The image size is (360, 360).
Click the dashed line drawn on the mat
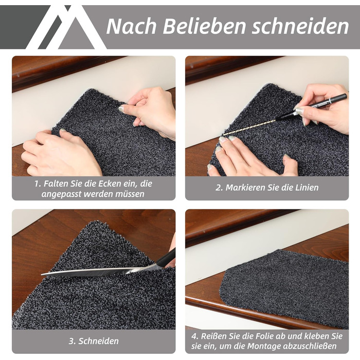(x=249, y=127)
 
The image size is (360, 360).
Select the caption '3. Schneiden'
(x=94, y=341)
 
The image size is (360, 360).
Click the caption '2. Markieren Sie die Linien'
(x=267, y=188)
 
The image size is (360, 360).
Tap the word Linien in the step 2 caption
(x=307, y=188)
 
